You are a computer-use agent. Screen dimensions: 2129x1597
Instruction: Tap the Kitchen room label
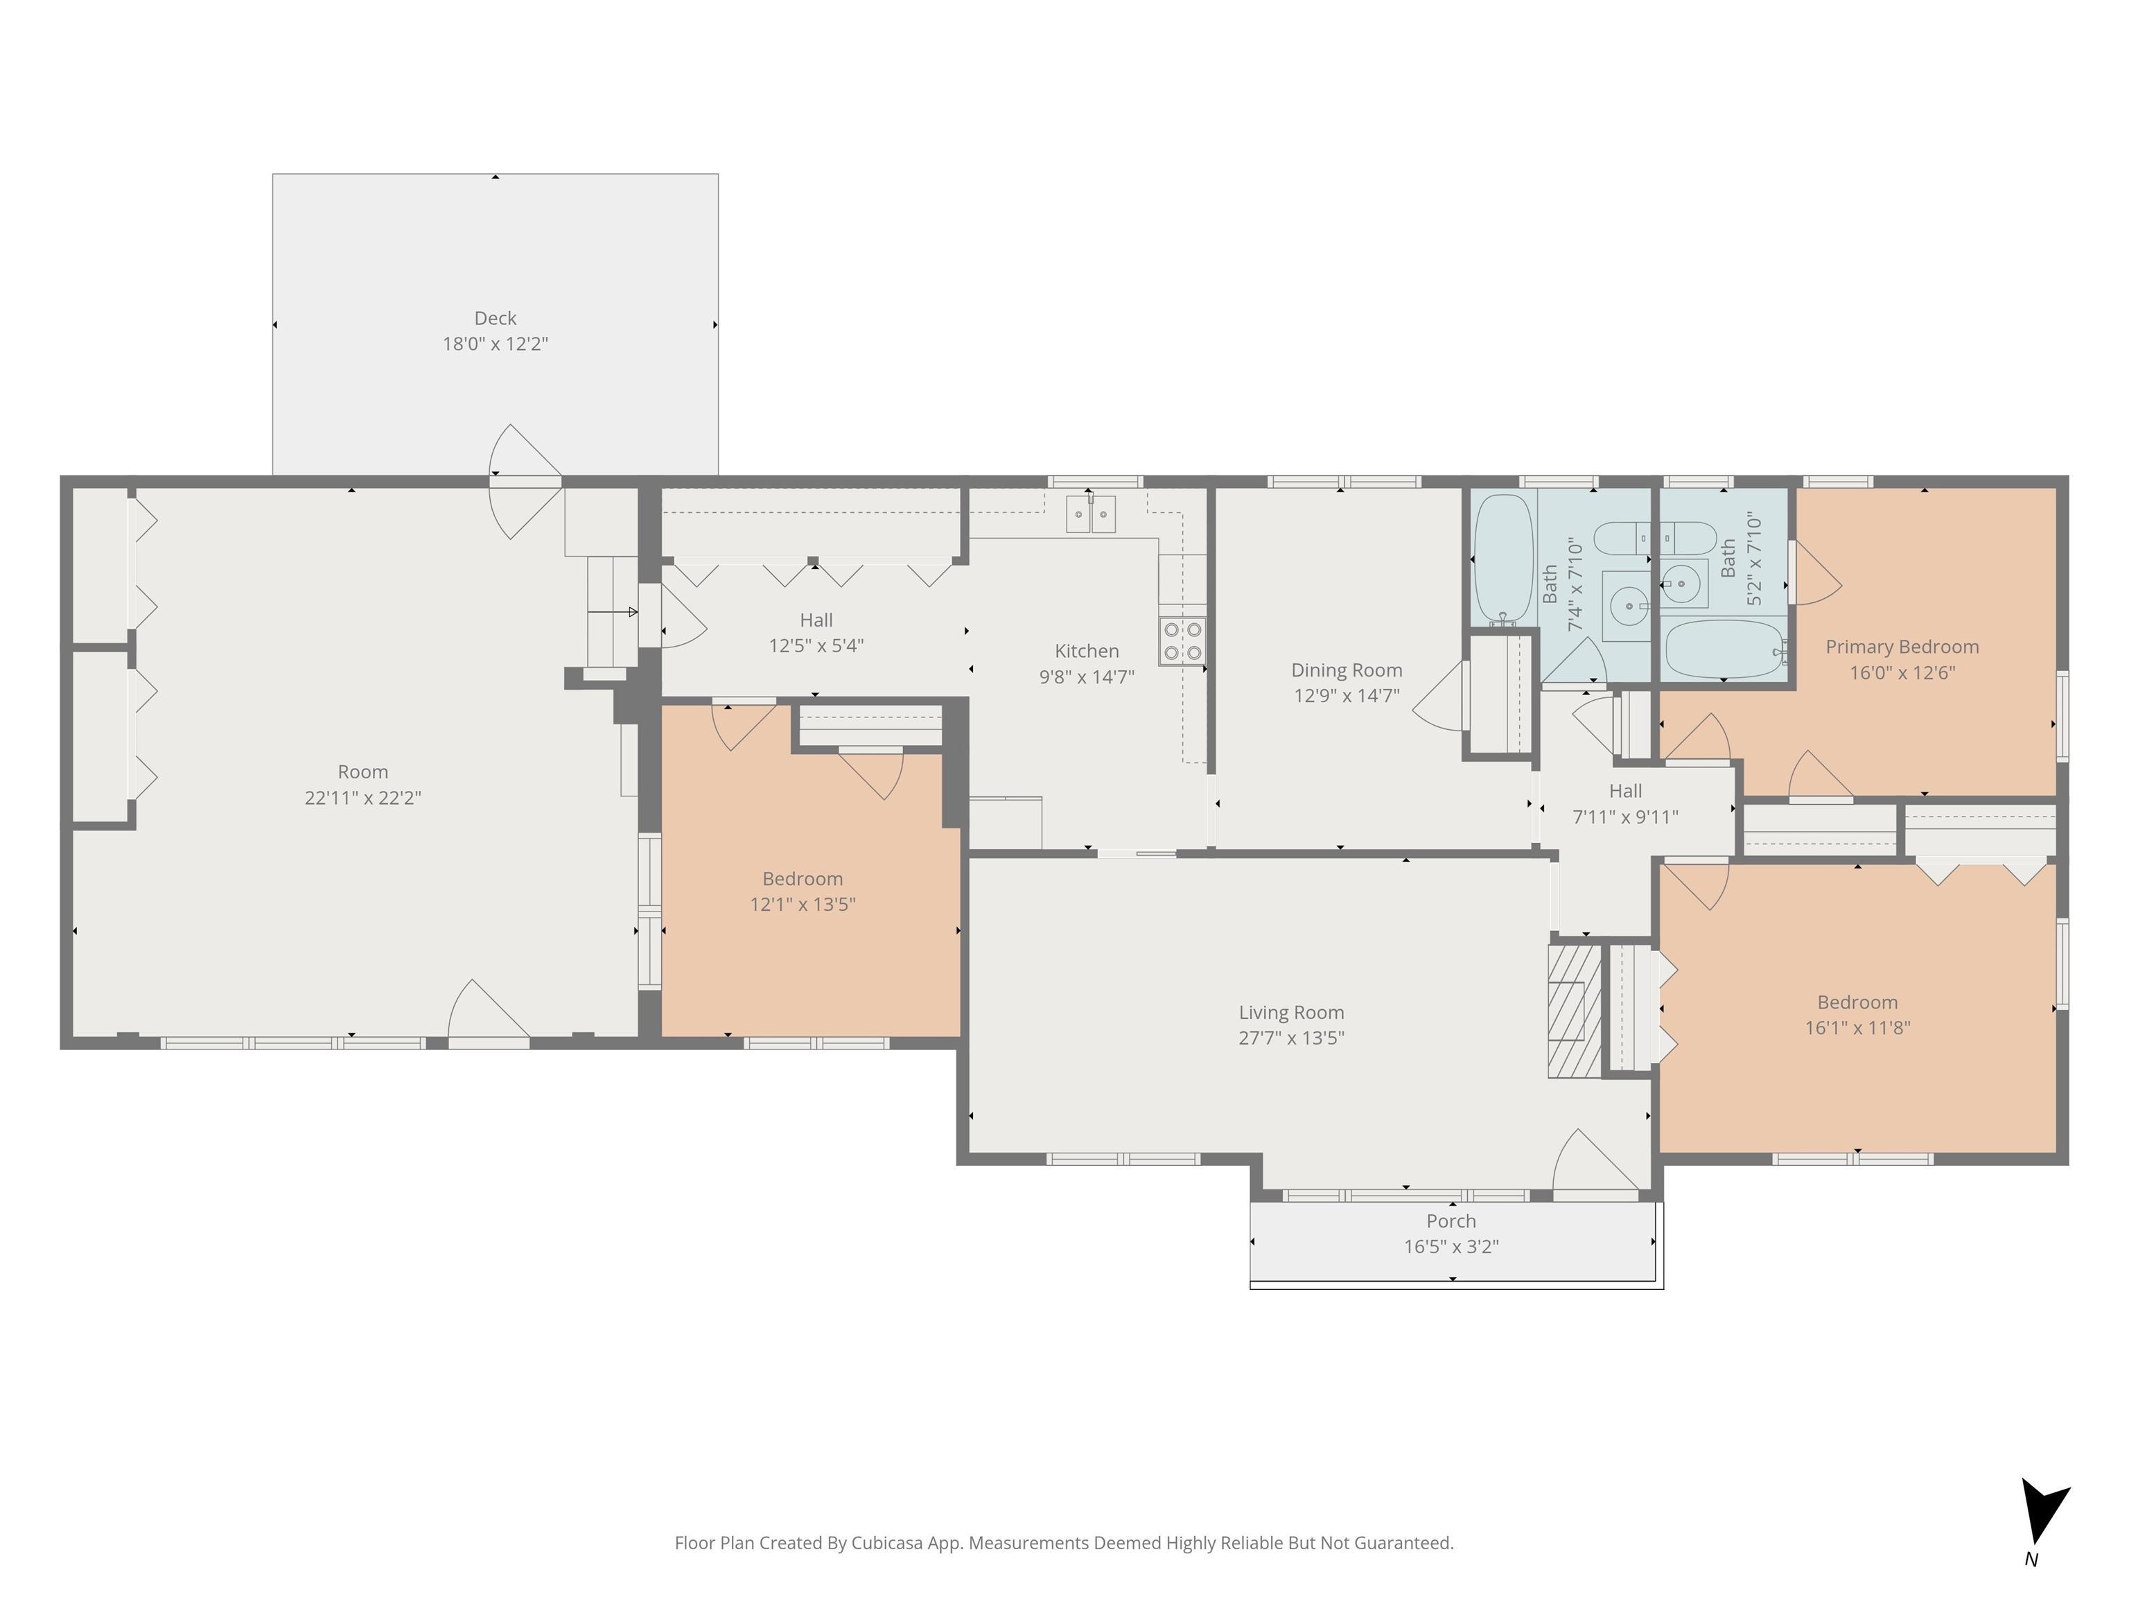click(1087, 652)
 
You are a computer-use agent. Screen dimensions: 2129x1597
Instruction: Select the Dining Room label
click(1347, 671)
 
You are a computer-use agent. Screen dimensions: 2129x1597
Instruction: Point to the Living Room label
click(1290, 1013)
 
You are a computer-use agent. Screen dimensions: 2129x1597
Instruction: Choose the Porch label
click(1451, 1221)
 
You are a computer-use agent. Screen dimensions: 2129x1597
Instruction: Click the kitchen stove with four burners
click(1182, 641)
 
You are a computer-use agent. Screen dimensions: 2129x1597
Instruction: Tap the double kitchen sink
click(1090, 514)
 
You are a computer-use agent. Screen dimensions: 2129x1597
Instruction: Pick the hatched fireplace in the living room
click(1575, 1011)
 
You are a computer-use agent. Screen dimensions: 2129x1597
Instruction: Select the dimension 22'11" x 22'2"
click(363, 798)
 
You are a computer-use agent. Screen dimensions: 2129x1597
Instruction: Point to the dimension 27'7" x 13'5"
click(1290, 1038)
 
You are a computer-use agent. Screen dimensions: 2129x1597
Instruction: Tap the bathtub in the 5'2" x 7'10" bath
click(1726, 648)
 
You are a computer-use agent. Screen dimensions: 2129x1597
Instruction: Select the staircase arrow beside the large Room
click(613, 612)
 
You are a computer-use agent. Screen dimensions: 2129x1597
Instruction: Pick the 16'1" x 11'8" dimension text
click(1857, 1028)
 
